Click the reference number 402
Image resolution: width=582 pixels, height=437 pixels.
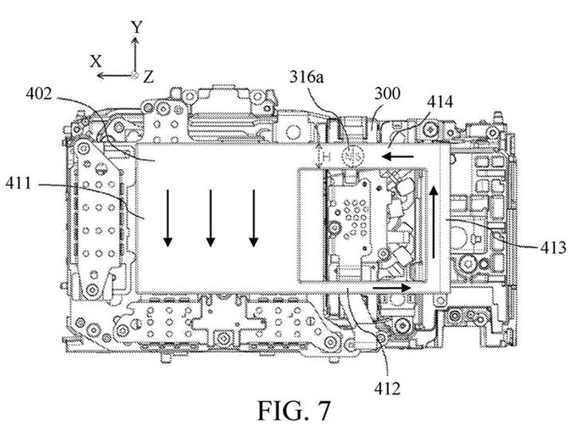pos(38,94)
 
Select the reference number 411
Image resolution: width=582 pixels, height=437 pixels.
pos(18,183)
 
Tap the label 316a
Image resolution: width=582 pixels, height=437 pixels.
pos(307,77)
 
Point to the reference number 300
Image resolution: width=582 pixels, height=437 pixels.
pos(387,94)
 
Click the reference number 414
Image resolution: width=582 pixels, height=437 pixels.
pos(439,101)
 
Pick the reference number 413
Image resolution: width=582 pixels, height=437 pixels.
pos(553,247)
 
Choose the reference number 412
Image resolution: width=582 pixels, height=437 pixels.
pos(387,388)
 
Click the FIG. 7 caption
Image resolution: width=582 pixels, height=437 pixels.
pos(293,411)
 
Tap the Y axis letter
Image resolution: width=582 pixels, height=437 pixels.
pos(137,27)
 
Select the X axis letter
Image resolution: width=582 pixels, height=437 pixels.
pos(96,61)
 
